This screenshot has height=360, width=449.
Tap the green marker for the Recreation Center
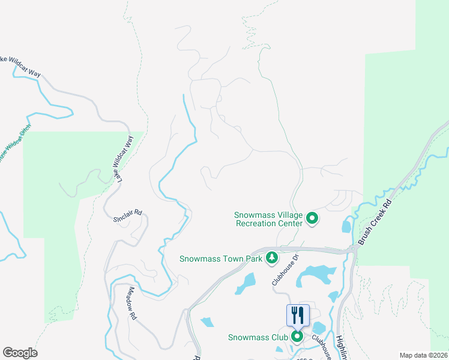(312, 218)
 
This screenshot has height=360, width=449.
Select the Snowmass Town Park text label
(221, 259)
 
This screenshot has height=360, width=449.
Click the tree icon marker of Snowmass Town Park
(272, 257)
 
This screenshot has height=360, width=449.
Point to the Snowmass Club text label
(258, 337)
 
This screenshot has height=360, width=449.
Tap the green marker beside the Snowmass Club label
(297, 336)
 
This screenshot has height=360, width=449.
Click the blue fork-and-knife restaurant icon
(298, 315)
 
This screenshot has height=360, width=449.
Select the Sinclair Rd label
(127, 215)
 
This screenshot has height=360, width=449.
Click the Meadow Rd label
(133, 302)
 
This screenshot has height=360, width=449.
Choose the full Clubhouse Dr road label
(285, 268)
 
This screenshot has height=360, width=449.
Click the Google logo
(20, 352)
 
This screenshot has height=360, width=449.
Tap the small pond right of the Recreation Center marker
(346, 226)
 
